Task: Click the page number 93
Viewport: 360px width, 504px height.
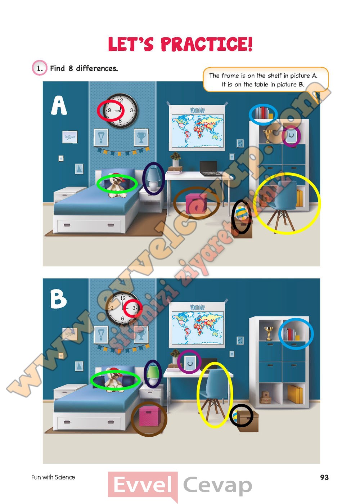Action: [324, 477]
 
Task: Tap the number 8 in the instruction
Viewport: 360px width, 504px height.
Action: [71, 68]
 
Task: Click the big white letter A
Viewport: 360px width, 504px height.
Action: [59, 105]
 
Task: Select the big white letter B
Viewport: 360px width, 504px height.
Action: [58, 299]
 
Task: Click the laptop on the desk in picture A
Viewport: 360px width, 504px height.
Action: [210, 168]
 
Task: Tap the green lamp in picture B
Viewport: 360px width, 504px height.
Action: [153, 375]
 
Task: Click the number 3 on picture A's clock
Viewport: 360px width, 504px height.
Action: [131, 110]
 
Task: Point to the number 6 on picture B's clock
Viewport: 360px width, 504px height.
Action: [122, 318]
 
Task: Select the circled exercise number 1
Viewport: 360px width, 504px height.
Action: [40, 68]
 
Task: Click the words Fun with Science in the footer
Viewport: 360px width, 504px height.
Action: [53, 477]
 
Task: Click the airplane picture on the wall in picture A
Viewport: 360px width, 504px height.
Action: [70, 137]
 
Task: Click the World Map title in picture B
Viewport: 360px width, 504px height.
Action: [197, 307]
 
